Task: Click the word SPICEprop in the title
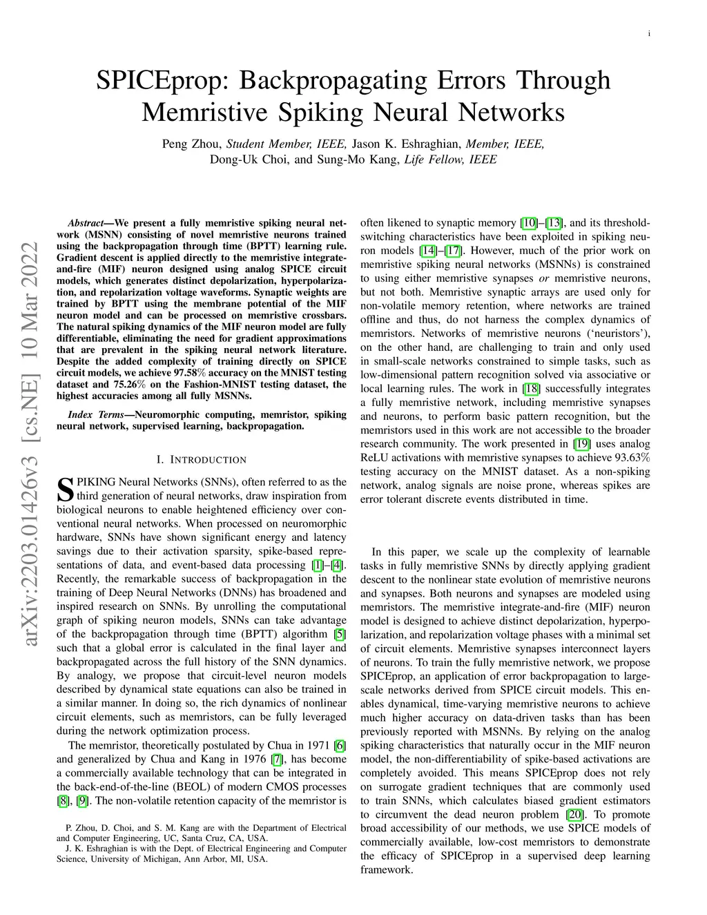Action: click(x=164, y=81)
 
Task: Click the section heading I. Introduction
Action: click(x=201, y=460)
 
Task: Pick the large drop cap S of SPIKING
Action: click(x=64, y=488)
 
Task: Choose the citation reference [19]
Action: click(x=582, y=444)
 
